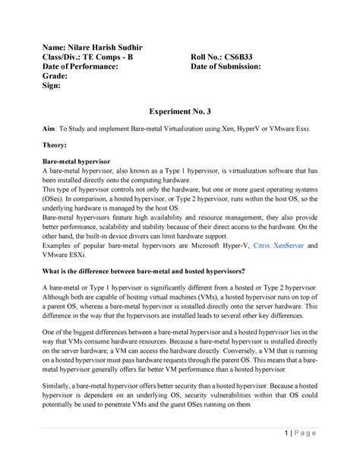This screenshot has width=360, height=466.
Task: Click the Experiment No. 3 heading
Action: click(x=179, y=111)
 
